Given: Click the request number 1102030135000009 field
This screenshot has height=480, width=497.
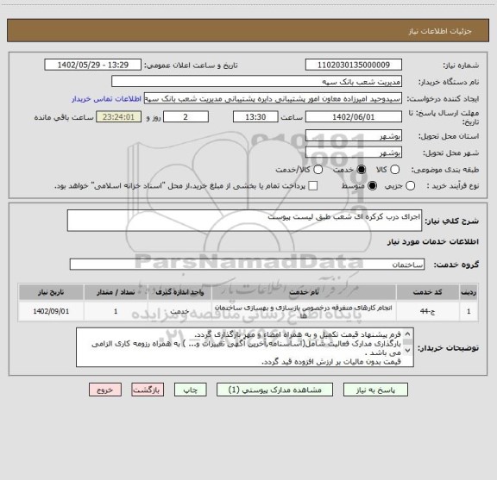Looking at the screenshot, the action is click(354, 65).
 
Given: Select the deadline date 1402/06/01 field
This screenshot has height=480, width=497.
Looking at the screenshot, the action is click(354, 117).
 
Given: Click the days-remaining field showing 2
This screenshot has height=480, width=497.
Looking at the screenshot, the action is click(186, 117).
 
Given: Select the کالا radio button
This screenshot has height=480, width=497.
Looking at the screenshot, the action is click(395, 170).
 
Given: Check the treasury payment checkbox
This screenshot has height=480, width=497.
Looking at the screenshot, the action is click(311, 185).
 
